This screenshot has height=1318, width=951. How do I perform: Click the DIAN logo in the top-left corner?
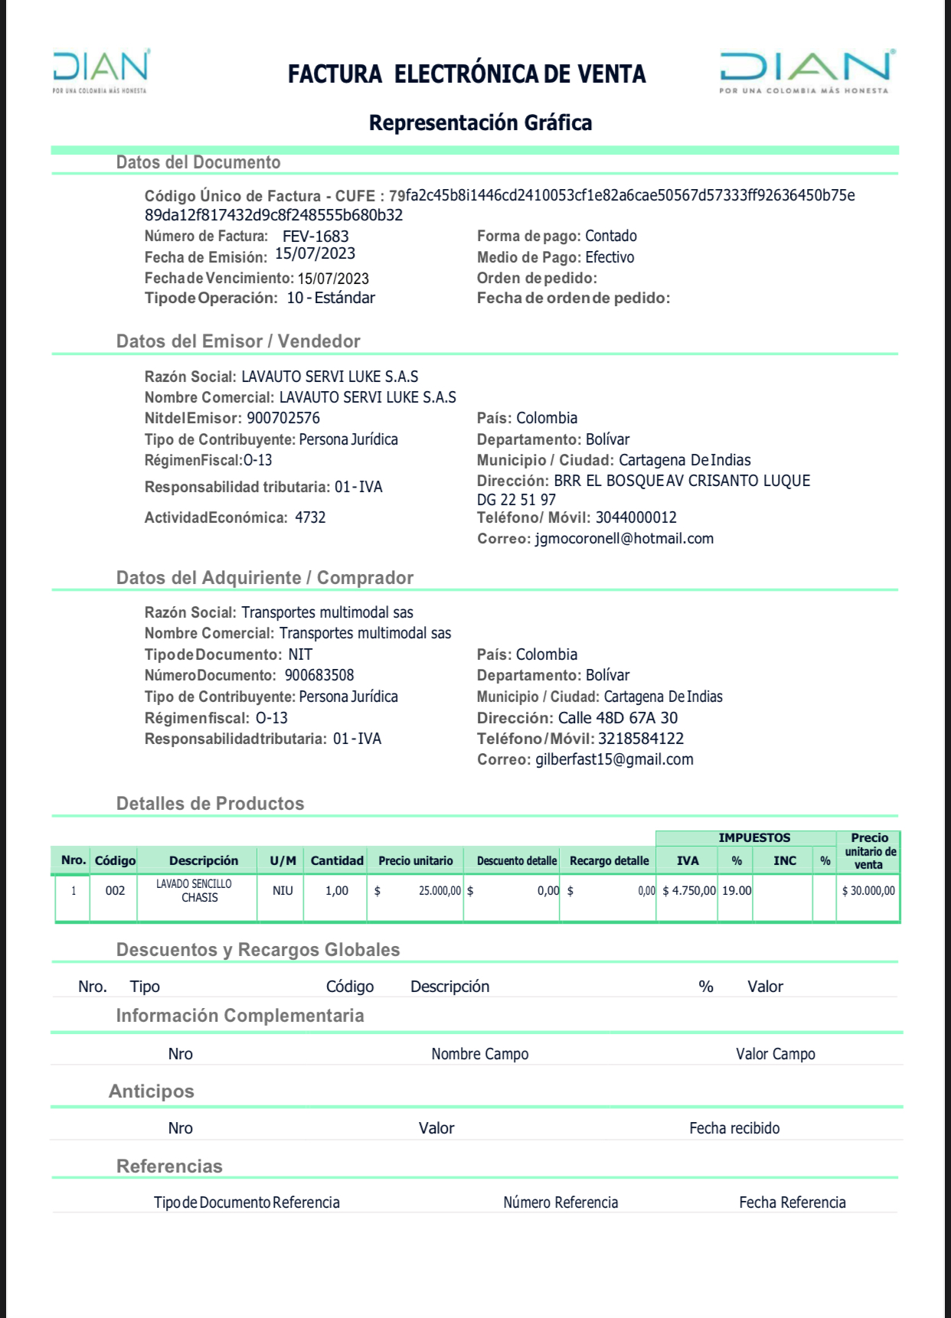pyautogui.click(x=100, y=71)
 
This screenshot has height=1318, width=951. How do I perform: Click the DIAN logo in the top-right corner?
pyautogui.click(x=806, y=72)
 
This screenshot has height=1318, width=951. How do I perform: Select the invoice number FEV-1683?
pyautogui.click(x=315, y=237)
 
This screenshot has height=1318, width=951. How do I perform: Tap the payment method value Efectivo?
pyautogui.click(x=609, y=257)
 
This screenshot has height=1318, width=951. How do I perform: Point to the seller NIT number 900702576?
pyautogui.click(x=283, y=418)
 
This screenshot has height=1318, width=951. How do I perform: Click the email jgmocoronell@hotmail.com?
pyautogui.click(x=624, y=538)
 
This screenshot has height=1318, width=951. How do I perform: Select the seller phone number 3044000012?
pyautogui.click(x=636, y=517)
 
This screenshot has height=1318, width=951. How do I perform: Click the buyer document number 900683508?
pyautogui.click(x=319, y=675)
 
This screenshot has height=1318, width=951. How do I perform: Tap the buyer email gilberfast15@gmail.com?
pyautogui.click(x=614, y=759)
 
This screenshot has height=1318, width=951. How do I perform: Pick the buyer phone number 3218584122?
pyautogui.click(x=641, y=739)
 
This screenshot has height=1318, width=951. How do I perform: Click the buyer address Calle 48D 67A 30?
pyautogui.click(x=617, y=718)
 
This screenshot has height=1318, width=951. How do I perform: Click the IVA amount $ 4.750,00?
pyautogui.click(x=689, y=890)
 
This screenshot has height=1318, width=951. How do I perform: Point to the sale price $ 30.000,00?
pyautogui.click(x=868, y=890)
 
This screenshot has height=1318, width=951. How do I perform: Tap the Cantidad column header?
pyautogui.click(x=337, y=860)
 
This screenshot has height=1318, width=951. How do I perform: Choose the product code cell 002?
pyautogui.click(x=115, y=890)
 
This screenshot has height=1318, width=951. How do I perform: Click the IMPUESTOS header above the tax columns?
pyautogui.click(x=753, y=838)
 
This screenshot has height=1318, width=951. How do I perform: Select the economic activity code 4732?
pyautogui.click(x=310, y=517)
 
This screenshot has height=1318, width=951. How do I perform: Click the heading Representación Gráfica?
pyautogui.click(x=480, y=122)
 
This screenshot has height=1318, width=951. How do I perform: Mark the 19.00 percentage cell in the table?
pyautogui.click(x=737, y=890)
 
